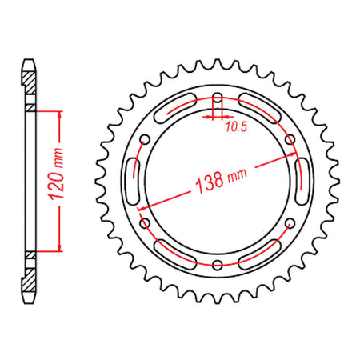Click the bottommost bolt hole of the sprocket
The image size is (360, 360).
(x=218, y=266)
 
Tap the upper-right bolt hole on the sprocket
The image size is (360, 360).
(x=290, y=141)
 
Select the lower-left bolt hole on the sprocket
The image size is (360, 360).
(x=146, y=224)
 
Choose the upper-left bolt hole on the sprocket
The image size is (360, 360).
(x=146, y=141)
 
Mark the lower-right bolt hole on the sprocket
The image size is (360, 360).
(x=290, y=224)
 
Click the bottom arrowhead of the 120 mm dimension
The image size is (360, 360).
(x=59, y=250)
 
